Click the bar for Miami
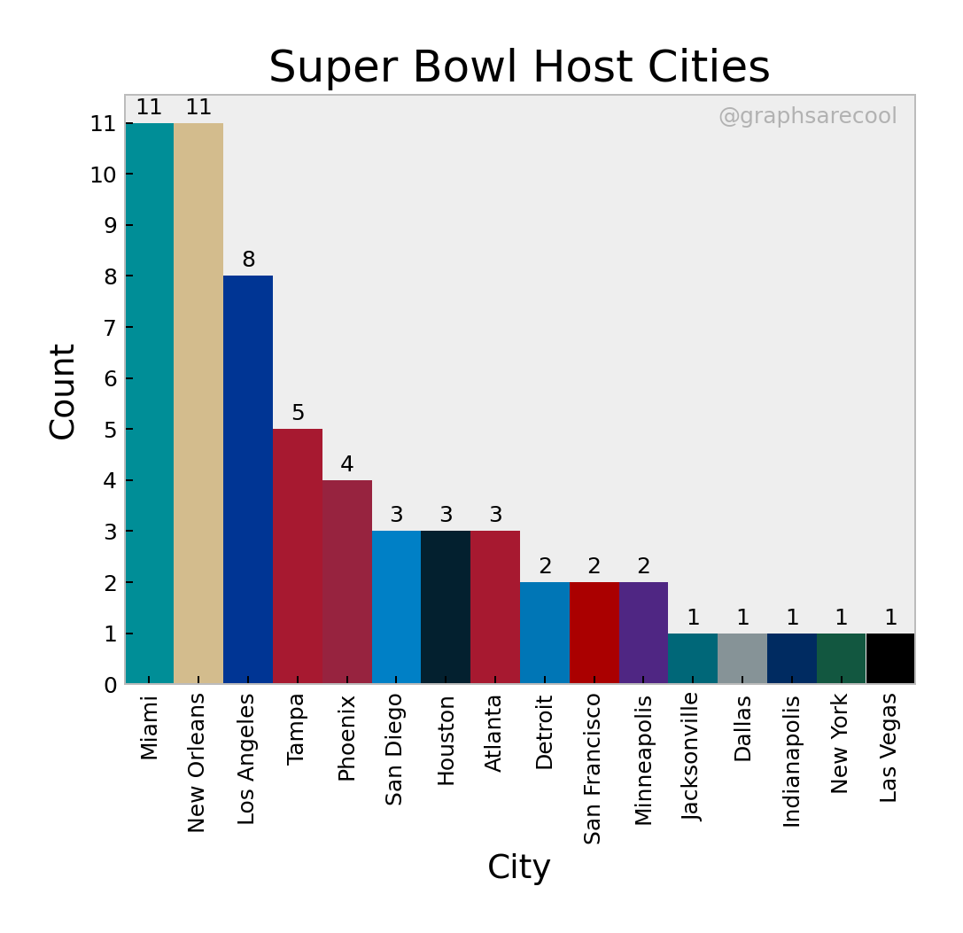point(149,403)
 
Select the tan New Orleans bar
point(198,403)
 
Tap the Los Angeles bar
point(248,479)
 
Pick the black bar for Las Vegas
point(890,658)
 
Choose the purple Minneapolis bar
point(643,633)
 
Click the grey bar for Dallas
point(742,658)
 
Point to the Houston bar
point(446,607)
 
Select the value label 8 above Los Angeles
point(248,260)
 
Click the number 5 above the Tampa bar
point(298,413)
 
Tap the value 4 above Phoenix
point(347,464)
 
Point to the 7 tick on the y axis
point(110,327)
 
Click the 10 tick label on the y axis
point(104,175)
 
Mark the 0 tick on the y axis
point(110,685)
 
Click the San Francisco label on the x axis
point(593,768)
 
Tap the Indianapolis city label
point(791,760)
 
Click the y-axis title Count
point(63,391)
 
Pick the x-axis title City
point(519,867)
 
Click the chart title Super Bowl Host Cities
point(519,67)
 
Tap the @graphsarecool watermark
point(807,116)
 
